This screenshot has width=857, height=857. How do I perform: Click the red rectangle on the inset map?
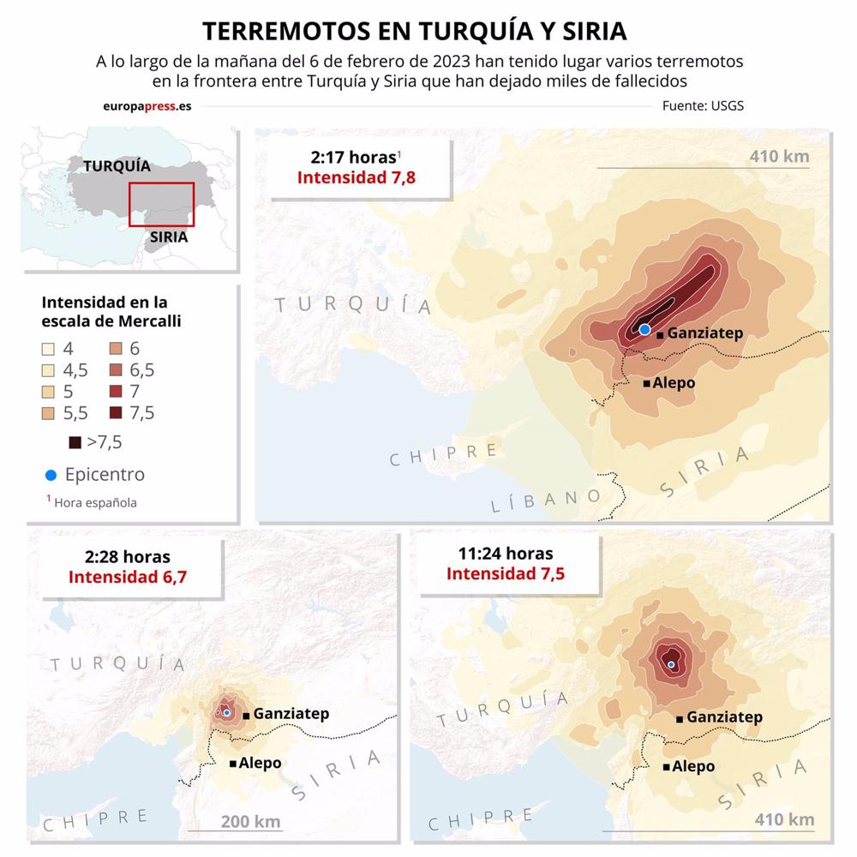click(161, 204)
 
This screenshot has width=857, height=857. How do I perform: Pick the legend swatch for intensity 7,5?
click(116, 413)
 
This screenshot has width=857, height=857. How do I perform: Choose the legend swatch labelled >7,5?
click(75, 443)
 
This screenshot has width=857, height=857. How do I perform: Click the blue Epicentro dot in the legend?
click(51, 475)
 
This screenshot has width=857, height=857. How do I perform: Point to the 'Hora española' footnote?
click(94, 503)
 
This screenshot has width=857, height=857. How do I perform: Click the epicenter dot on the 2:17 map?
click(645, 329)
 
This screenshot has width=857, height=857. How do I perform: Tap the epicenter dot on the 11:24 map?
click(671, 664)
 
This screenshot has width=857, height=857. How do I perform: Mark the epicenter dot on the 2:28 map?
click(226, 712)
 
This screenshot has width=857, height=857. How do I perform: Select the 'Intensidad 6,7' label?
click(128, 577)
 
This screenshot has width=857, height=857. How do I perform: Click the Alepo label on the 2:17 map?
click(674, 383)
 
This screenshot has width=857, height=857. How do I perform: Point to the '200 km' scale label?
click(250, 822)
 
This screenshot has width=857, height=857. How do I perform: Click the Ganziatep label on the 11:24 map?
click(724, 717)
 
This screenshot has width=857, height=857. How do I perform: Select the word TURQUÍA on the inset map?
click(117, 166)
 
